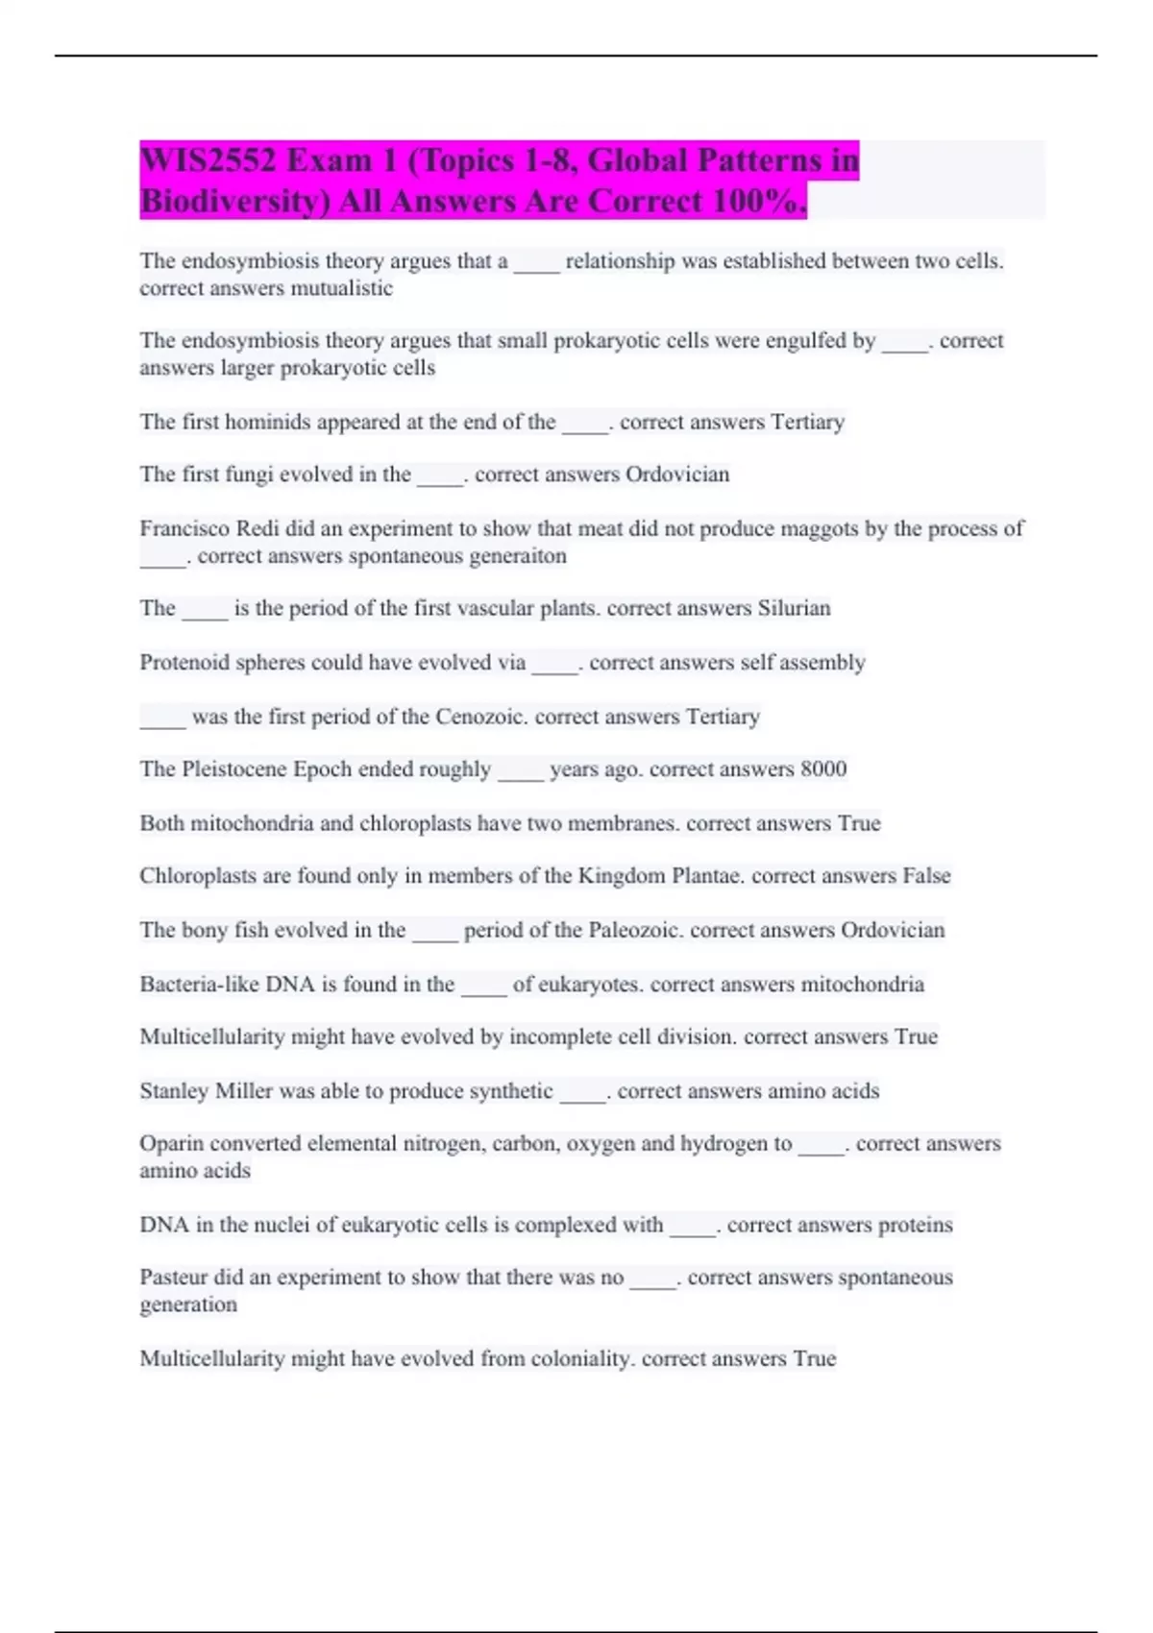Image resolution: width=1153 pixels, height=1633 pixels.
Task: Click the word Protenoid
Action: pyautogui.click(x=184, y=663)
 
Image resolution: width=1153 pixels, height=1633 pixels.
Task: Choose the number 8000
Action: pyautogui.click(x=823, y=769)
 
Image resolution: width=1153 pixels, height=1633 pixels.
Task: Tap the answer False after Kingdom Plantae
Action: pyautogui.click(x=926, y=876)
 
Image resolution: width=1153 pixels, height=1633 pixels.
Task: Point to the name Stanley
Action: pyautogui.click(x=174, y=1091)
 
